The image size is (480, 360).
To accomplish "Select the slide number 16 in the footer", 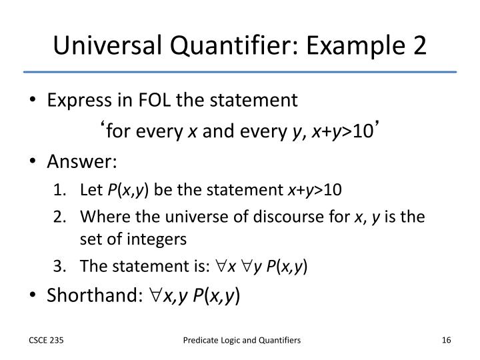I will point(447,341).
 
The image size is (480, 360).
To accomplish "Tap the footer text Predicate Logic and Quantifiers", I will point(242,341).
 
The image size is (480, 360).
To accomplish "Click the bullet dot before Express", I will point(34,101).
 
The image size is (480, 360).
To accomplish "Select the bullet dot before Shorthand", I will point(34,295).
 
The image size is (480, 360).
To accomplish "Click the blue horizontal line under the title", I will point(240,71).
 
